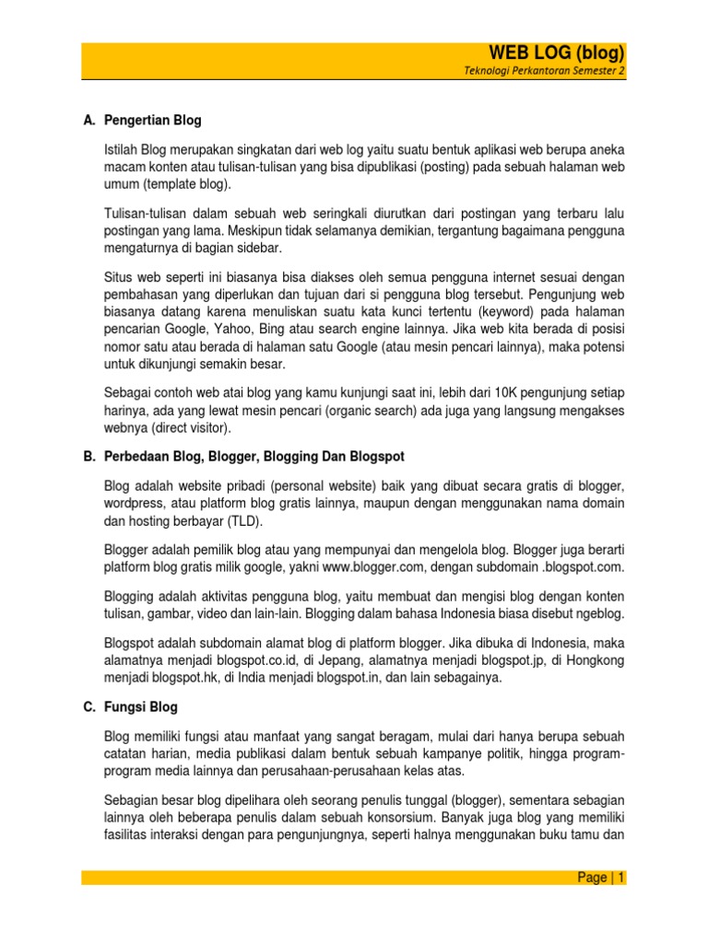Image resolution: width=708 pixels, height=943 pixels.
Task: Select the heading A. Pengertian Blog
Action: point(142,121)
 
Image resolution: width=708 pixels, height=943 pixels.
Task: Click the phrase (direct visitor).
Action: point(192,428)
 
